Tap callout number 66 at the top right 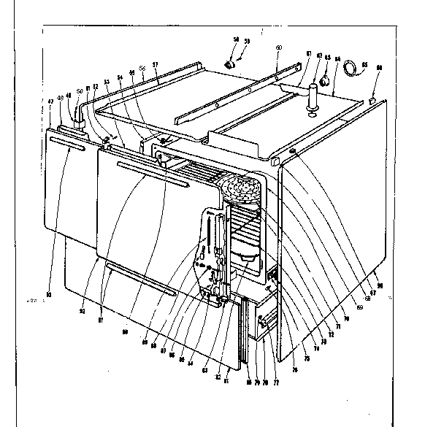tap(379, 68)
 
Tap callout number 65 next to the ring tap(364, 63)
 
